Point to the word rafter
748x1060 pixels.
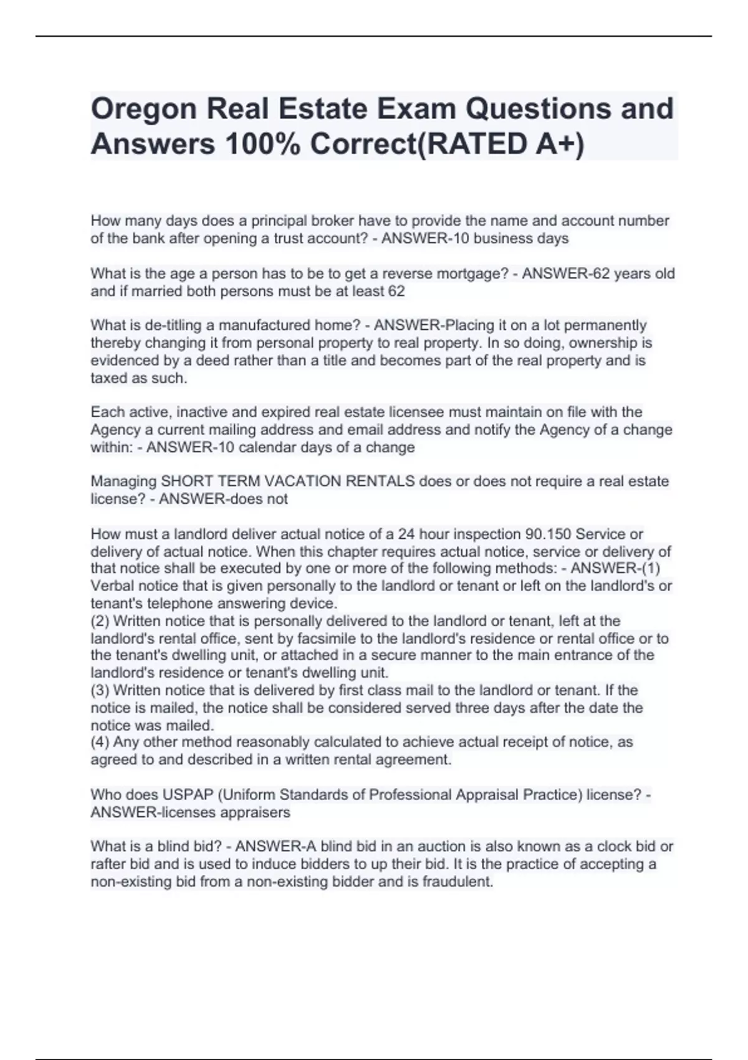click(108, 864)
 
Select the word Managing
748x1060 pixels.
click(123, 481)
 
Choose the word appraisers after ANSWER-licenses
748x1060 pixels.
click(257, 812)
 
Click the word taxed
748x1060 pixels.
click(109, 378)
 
